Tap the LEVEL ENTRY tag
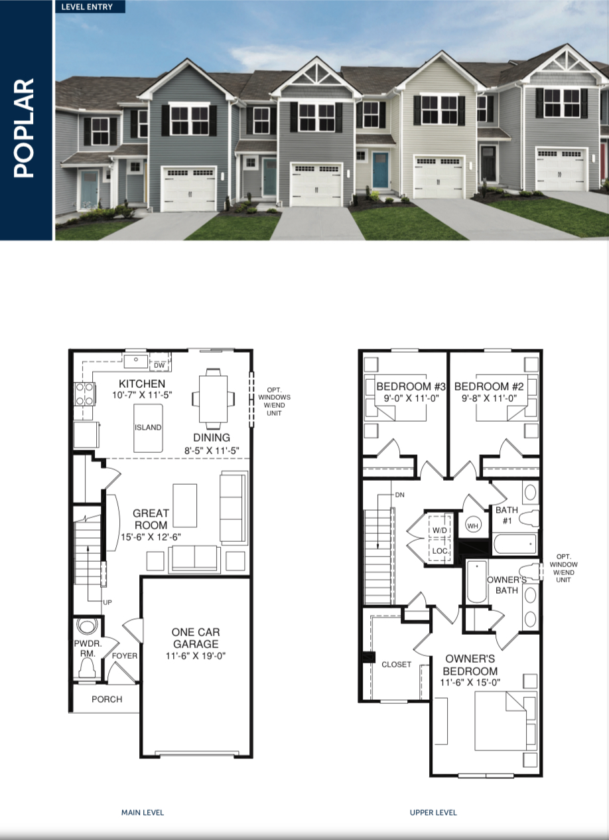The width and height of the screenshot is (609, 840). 87,7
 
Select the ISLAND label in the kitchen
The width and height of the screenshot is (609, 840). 148,428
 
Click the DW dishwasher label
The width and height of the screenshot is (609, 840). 159,365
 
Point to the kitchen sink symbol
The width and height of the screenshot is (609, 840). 135,361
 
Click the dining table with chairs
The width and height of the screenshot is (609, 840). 214,398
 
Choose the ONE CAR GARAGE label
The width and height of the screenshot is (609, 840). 196,638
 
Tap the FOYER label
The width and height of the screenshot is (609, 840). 124,656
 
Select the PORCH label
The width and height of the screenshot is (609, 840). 107,699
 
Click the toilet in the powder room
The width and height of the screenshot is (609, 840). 88,667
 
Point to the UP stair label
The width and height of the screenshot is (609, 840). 107,602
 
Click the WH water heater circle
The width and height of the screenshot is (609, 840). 473,525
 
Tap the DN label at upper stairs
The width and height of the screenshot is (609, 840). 399,495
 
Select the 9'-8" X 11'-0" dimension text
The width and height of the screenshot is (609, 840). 490,398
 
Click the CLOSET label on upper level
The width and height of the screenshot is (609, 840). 396,664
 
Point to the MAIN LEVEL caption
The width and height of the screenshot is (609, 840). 143,812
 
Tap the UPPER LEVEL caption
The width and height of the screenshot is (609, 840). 433,812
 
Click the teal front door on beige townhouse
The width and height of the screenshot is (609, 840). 380,171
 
